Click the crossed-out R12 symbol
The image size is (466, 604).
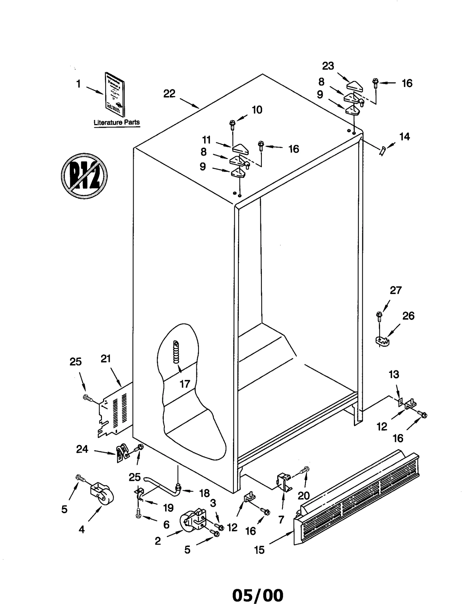pyautogui.click(x=84, y=176)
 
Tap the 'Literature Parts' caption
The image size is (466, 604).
pyautogui.click(x=116, y=123)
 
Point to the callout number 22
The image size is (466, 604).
pyautogui.click(x=169, y=94)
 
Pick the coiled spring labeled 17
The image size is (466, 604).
pyautogui.click(x=176, y=352)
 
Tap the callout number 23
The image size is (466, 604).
pyautogui.click(x=328, y=66)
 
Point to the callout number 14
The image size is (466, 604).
pyautogui.click(x=405, y=137)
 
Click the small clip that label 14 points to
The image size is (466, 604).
pyautogui.click(x=382, y=150)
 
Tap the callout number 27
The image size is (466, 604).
pyautogui.click(x=396, y=290)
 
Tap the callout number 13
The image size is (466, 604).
pyautogui.click(x=394, y=374)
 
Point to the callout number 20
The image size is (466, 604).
pyautogui.click(x=303, y=495)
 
